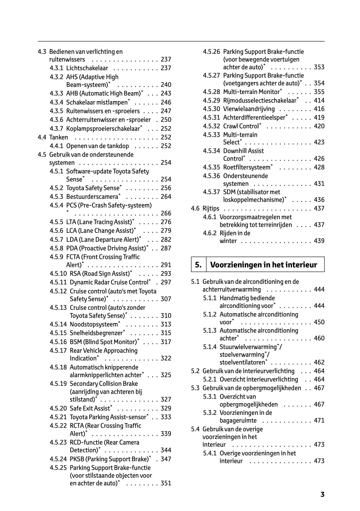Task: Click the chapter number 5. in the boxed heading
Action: [198, 265]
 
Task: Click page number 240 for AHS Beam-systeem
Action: [166, 85]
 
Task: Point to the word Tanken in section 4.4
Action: [58, 137]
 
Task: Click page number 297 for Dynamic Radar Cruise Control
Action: [166, 282]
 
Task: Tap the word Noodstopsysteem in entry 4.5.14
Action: [94, 324]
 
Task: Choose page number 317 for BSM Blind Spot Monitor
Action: [166, 342]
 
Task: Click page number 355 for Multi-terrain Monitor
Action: [319, 92]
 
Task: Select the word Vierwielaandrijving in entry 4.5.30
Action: [249, 109]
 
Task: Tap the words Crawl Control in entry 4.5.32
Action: [241, 126]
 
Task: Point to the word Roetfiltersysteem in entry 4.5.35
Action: [247, 167]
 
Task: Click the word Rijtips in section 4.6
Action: [211, 208]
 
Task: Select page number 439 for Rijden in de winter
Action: [319, 241]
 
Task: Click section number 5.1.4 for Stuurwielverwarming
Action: [210, 347]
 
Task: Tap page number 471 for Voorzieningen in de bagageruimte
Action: [319, 420]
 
